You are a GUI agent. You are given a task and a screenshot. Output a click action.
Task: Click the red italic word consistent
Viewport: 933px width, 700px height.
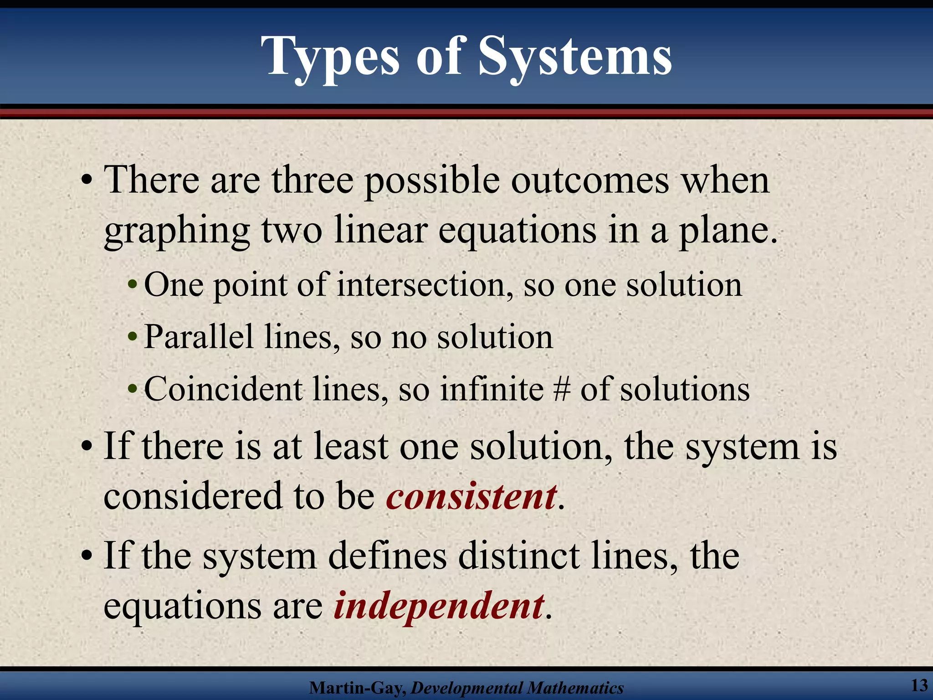click(x=471, y=497)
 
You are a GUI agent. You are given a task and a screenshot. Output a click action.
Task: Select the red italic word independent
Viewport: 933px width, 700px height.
click(x=439, y=606)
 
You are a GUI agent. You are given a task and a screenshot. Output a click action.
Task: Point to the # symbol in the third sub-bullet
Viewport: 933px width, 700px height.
click(x=562, y=390)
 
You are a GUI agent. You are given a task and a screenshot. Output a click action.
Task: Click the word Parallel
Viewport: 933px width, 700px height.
click(x=199, y=337)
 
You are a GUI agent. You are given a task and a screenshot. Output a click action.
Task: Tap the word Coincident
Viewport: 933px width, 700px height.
click(x=223, y=390)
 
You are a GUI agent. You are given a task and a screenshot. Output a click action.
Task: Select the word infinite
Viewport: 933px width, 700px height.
click(x=492, y=390)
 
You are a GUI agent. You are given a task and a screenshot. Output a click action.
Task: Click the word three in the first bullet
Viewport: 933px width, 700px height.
click(x=313, y=180)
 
